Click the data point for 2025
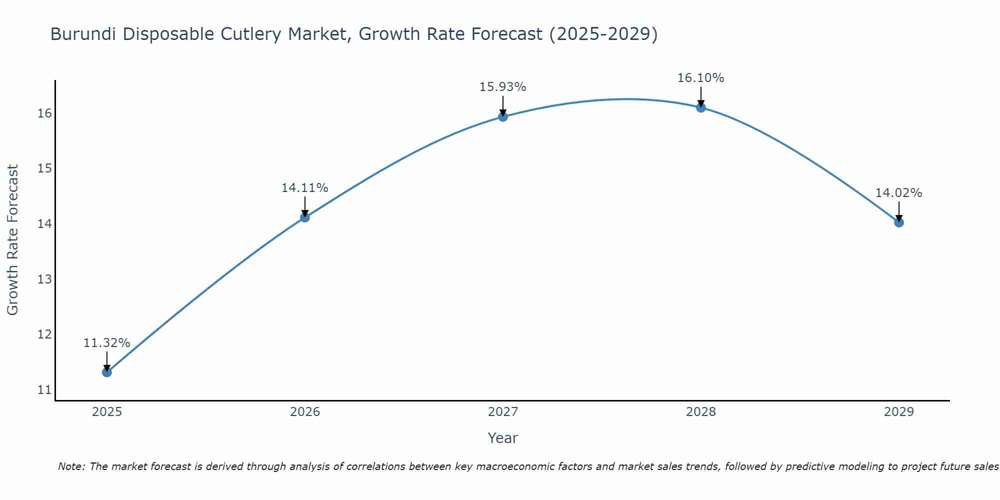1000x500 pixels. (x=106, y=372)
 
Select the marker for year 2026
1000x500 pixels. (x=305, y=217)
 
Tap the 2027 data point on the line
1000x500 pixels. (x=503, y=116)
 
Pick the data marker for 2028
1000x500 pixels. (x=701, y=107)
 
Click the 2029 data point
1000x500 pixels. (x=899, y=222)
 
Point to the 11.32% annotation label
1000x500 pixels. (x=106, y=343)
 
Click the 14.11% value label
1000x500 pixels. (x=305, y=188)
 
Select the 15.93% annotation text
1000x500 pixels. (x=503, y=87)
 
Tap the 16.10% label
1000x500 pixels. (x=701, y=78)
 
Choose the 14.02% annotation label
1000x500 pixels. (x=899, y=193)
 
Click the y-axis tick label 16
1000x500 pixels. (x=44, y=113)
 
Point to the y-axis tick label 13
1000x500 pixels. (x=44, y=279)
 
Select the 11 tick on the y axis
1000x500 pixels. (x=44, y=389)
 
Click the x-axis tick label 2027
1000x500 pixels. (x=503, y=412)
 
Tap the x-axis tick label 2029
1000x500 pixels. (x=899, y=412)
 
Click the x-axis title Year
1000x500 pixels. (x=503, y=438)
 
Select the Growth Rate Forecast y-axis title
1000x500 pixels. (x=13, y=240)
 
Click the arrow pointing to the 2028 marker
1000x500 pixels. (x=701, y=96)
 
